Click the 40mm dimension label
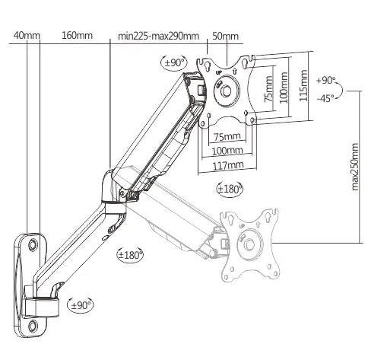pyautogui.click(x=27, y=35)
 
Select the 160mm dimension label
pyautogui.click(x=77, y=35)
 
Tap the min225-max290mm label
pyautogui.click(x=158, y=36)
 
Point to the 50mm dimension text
pyautogui.click(x=225, y=36)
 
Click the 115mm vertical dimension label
pyautogui.click(x=303, y=85)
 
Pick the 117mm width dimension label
pyautogui.click(x=228, y=166)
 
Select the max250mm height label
pyautogui.click(x=354, y=167)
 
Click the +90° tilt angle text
pyautogui.click(x=325, y=81)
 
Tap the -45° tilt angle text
pyautogui.click(x=325, y=98)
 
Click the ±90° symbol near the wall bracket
pyautogui.click(x=80, y=304)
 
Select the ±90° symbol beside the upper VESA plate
pyautogui.click(x=174, y=62)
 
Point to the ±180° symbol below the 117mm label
pyautogui.click(x=230, y=189)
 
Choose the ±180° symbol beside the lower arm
pyautogui.click(x=130, y=255)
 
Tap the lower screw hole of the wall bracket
pyautogui.click(x=33, y=326)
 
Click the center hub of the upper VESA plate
pyautogui.click(x=226, y=91)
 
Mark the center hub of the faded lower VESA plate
pyautogui.click(x=249, y=244)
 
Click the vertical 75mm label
pyautogui.click(x=269, y=89)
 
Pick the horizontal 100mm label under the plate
pyautogui.click(x=227, y=151)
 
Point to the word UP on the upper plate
pyautogui.click(x=219, y=72)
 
